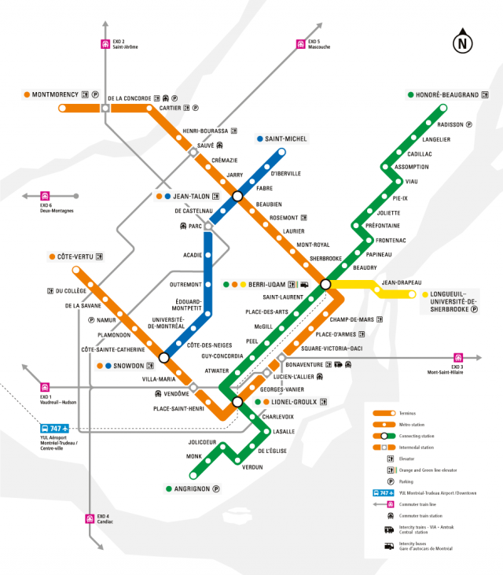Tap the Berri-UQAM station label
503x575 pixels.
pos(267,284)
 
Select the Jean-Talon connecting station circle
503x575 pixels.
pos(237,196)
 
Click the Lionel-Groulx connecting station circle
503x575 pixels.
pos(237,402)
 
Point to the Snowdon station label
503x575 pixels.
pos(129,366)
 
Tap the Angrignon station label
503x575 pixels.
pos(193,488)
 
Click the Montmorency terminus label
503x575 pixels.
pos(55,95)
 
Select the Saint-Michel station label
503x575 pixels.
pos(286,139)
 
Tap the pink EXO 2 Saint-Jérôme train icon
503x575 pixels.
pos(105,44)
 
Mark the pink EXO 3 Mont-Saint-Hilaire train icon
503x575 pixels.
pos(458,357)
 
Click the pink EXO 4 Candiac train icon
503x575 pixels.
pos(90,518)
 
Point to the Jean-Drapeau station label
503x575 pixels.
pos(402,282)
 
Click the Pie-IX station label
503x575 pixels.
pos(400,198)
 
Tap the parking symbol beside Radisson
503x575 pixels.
pos(469,124)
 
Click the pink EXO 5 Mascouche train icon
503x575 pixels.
pos(299,44)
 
